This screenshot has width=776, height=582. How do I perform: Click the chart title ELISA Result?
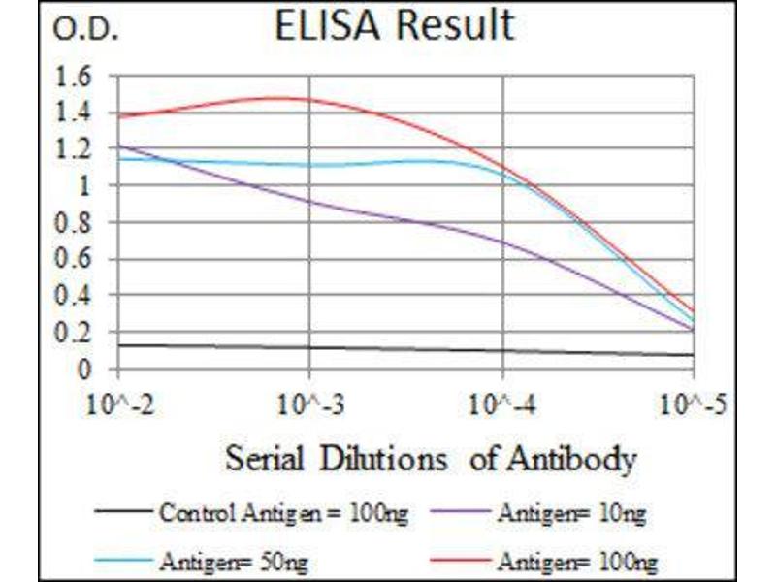(394, 27)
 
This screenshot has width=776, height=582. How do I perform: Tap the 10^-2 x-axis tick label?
(118, 401)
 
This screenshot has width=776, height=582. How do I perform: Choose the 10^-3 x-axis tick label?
(309, 401)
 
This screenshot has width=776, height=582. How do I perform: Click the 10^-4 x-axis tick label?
(501, 401)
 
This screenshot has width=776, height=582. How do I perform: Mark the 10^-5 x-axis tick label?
(693, 401)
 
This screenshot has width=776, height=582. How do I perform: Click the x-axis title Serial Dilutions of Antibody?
(431, 457)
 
